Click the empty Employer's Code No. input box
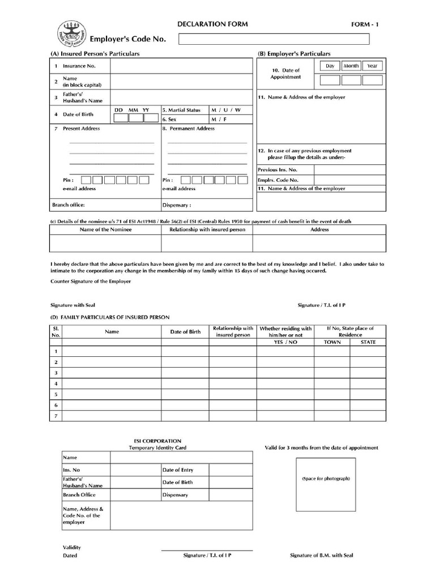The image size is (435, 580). pyautogui.click(x=274, y=39)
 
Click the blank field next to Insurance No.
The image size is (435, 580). pyautogui.click(x=181, y=66)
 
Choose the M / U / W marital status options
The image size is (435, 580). pyautogui.click(x=226, y=110)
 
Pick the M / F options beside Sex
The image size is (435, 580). pyautogui.click(x=217, y=120)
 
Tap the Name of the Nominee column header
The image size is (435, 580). pyautogui.click(x=105, y=230)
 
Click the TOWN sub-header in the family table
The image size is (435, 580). pyautogui.click(x=332, y=343)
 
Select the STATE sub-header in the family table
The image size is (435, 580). pyautogui.click(x=368, y=343)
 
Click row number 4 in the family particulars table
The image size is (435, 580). pyautogui.click(x=56, y=383)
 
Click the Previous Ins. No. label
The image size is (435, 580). pyautogui.click(x=277, y=170)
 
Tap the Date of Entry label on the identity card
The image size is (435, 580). pyautogui.click(x=177, y=470)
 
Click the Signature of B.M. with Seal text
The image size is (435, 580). pyautogui.click(x=321, y=556)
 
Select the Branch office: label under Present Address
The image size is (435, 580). pyautogui.click(x=69, y=205)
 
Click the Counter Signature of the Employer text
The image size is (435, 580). pyautogui.click(x=91, y=282)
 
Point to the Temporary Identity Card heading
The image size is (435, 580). pyautogui.click(x=157, y=448)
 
